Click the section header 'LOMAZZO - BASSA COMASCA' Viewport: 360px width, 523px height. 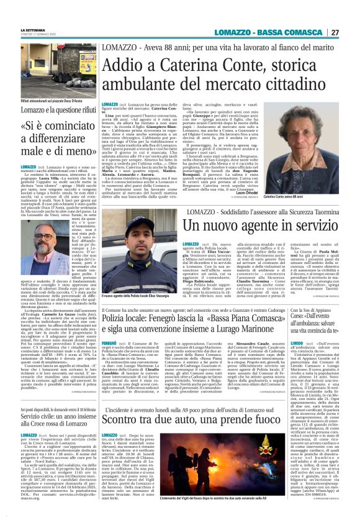pos(277,32)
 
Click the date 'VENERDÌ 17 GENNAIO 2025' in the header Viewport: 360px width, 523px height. pos(38,35)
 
